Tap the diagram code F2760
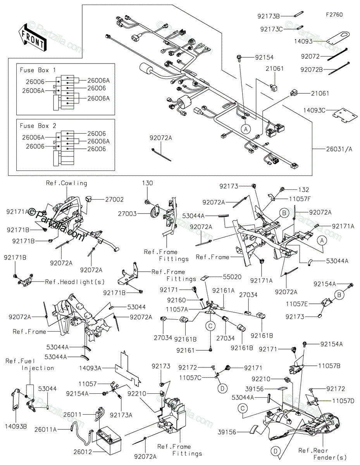(334, 15)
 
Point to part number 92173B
(268, 16)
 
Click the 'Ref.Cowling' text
(66, 183)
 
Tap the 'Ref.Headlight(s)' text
(70, 282)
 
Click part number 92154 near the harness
(264, 57)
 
